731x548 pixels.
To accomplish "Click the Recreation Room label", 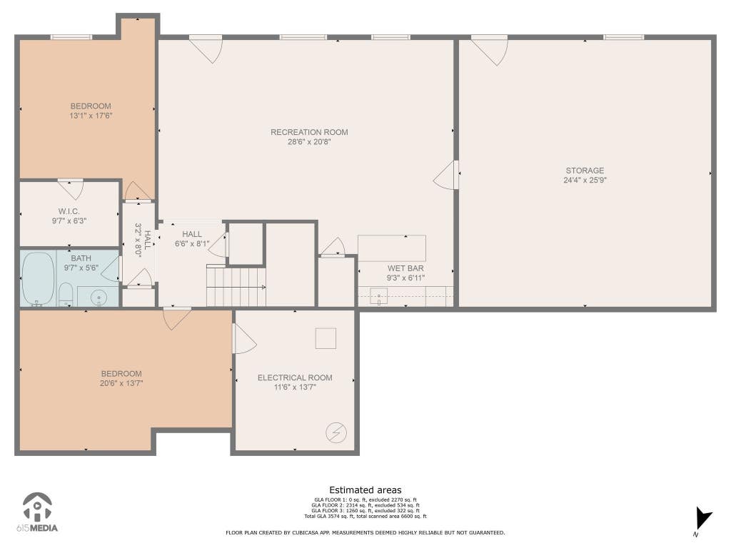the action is pos(309,132).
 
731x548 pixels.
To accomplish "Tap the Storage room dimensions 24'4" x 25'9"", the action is pos(585,181).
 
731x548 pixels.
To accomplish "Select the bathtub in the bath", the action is pos(39,279).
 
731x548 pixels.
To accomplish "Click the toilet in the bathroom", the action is pos(66,295).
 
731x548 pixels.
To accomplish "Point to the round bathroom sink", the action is pos(99,297).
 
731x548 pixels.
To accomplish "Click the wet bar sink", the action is pos(378,296).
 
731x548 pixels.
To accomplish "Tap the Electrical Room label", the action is pos(295,378).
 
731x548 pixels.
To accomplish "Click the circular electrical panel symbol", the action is pos(336,432).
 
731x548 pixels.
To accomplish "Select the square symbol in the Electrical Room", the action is pos(326,338).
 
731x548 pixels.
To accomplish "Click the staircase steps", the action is pos(236,285).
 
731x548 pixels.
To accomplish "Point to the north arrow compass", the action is pos(703,519).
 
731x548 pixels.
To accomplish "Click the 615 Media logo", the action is pos(37,512).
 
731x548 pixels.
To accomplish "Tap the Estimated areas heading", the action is pos(365,490).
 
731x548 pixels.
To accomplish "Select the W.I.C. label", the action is pos(69,211).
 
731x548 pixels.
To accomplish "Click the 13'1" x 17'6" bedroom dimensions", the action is pos(91,116).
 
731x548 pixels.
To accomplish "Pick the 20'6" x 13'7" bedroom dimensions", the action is pos(121,383).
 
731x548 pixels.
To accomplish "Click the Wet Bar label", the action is pos(405,268).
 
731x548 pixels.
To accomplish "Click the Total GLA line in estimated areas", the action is pos(365,517).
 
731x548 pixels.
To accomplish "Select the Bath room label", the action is pos(81,258).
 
